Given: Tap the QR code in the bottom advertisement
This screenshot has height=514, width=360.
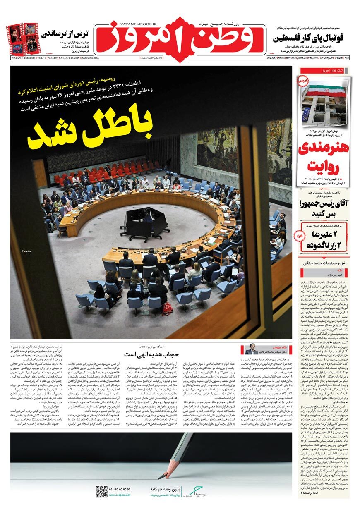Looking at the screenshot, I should pos(101,492).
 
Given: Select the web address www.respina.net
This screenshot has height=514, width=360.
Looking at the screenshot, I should pos(120,495).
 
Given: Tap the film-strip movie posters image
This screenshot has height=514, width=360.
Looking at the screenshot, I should pos(23,39).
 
